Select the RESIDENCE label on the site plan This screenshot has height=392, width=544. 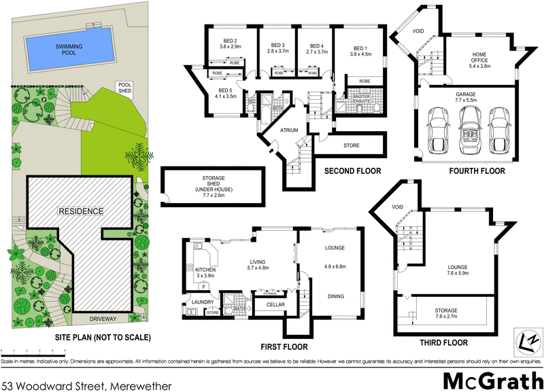tap(80, 211)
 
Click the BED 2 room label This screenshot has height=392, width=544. tap(230, 43)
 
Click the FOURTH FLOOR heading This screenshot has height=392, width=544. tap(477, 171)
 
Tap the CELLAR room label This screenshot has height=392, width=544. tap(275, 305)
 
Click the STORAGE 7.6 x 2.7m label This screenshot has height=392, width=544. tap(446, 313)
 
